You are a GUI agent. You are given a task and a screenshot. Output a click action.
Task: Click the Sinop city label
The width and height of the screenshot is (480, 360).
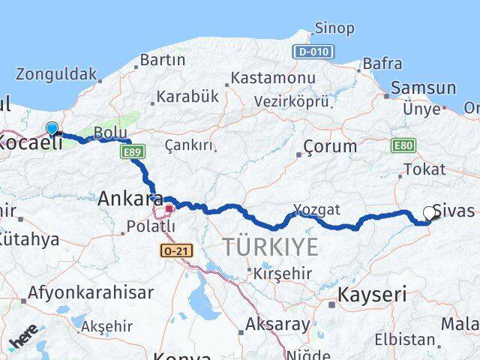(334, 28)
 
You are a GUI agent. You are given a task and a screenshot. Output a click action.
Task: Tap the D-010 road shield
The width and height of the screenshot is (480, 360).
(313, 52)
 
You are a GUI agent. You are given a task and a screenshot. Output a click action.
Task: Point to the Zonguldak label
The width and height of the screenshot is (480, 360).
(56, 74)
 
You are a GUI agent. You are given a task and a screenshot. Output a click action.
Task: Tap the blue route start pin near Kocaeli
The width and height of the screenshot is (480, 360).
(52, 129)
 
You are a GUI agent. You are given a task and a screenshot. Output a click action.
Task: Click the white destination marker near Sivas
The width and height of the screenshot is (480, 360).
(430, 213)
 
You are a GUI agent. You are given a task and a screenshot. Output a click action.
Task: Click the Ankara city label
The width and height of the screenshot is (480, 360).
(130, 199)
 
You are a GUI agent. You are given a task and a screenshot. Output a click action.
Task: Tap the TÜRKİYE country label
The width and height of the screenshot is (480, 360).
(269, 246)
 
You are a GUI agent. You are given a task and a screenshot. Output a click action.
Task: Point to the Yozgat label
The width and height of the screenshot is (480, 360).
(316, 209)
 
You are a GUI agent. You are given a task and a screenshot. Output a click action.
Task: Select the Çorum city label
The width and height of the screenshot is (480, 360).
(331, 146)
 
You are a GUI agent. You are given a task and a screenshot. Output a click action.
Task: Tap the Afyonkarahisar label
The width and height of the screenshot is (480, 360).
(91, 292)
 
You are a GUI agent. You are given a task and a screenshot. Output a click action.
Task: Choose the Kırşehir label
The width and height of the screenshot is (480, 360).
(282, 273)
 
